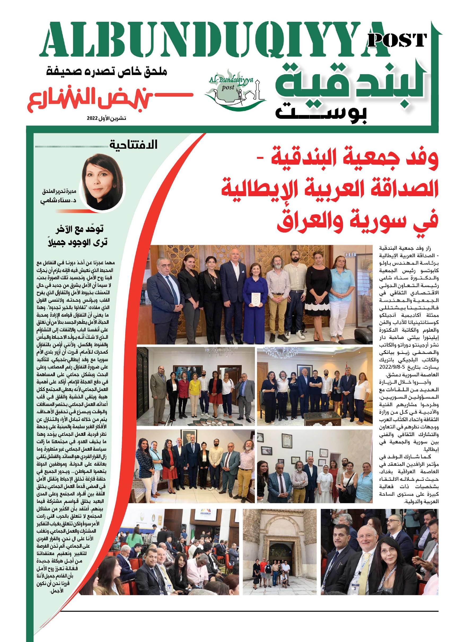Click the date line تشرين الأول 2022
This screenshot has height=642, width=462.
[107, 118]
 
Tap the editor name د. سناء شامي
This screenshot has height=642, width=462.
[59, 201]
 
